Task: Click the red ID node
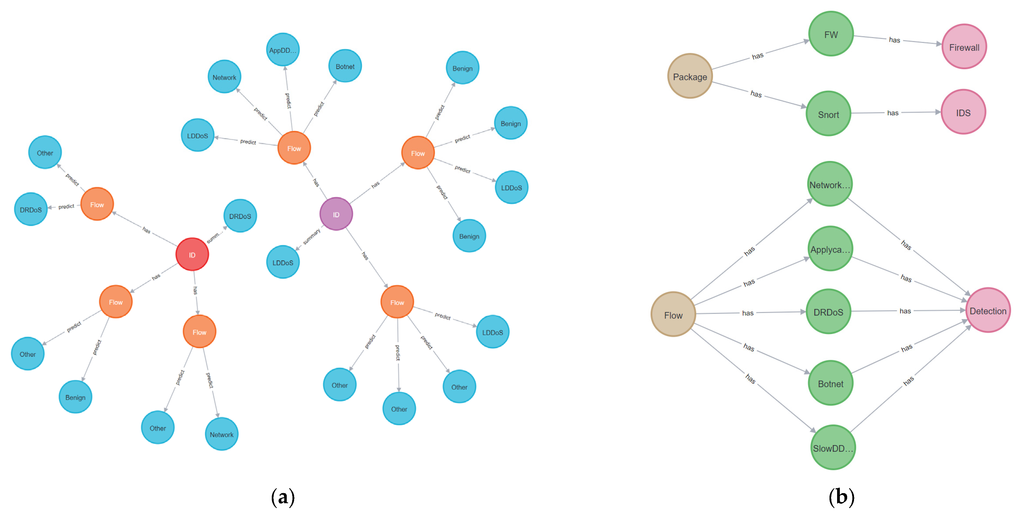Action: (192, 254)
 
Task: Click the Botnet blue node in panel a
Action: (345, 66)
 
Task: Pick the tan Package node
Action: (690, 77)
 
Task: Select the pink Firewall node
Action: (964, 47)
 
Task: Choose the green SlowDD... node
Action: (833, 448)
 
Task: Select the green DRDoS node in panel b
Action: (828, 312)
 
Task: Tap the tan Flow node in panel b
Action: (673, 315)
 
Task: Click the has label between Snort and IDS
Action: (893, 113)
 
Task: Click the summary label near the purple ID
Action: (312, 236)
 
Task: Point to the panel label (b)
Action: (841, 497)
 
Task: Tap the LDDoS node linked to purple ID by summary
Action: (282, 262)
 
